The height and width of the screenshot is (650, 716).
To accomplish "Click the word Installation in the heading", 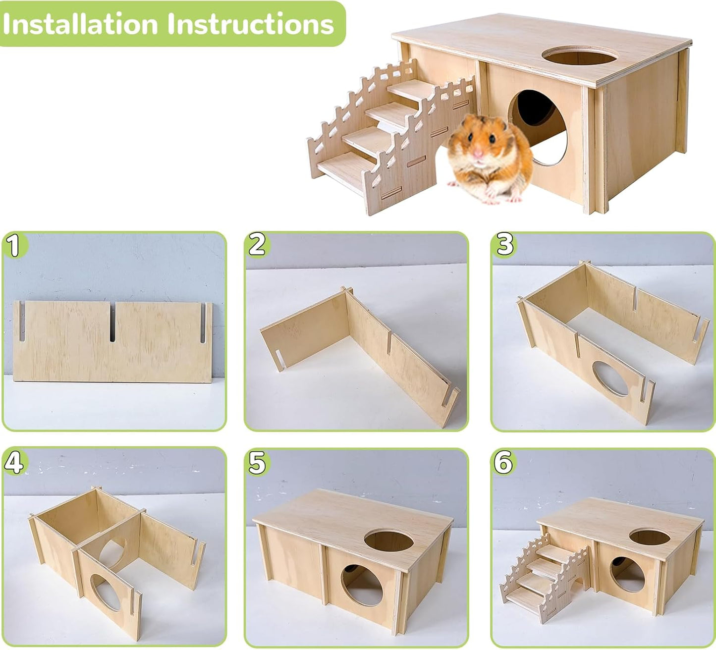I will click(81, 24).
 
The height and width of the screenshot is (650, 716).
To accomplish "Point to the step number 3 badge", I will click(504, 245).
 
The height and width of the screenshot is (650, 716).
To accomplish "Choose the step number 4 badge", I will click(13, 463).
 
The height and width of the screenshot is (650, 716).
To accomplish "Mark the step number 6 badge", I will click(503, 463).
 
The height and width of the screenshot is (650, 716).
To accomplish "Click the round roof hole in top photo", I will click(577, 55).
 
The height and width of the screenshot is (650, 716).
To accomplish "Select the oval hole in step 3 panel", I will click(610, 379).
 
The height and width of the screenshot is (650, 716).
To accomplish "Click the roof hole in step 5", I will click(388, 540).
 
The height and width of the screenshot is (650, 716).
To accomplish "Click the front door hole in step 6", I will click(627, 574).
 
